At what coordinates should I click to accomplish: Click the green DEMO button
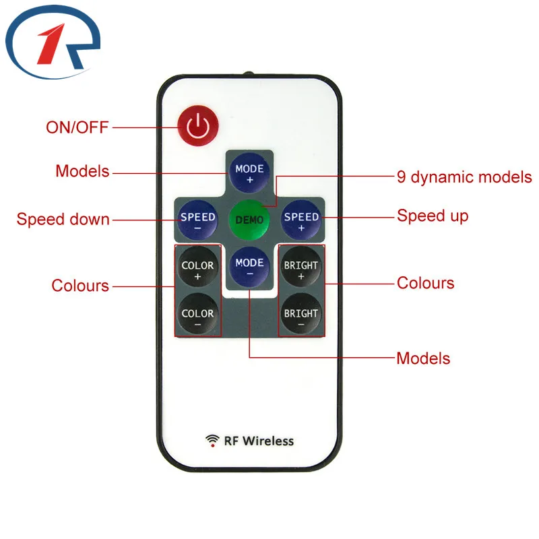(249, 219)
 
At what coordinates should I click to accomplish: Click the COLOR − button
(197, 315)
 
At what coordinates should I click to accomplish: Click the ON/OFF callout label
(77, 127)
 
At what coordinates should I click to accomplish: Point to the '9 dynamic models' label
(464, 178)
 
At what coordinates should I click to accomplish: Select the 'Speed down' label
(63, 219)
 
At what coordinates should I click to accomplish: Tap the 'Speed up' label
(432, 216)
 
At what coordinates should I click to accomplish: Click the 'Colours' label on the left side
(80, 286)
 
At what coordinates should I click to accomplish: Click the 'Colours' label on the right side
(425, 283)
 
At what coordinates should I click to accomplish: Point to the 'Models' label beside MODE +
(82, 171)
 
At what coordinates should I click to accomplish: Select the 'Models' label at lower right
(423, 358)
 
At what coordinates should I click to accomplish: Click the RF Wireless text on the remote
(259, 441)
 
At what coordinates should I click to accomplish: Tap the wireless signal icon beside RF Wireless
(212, 441)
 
